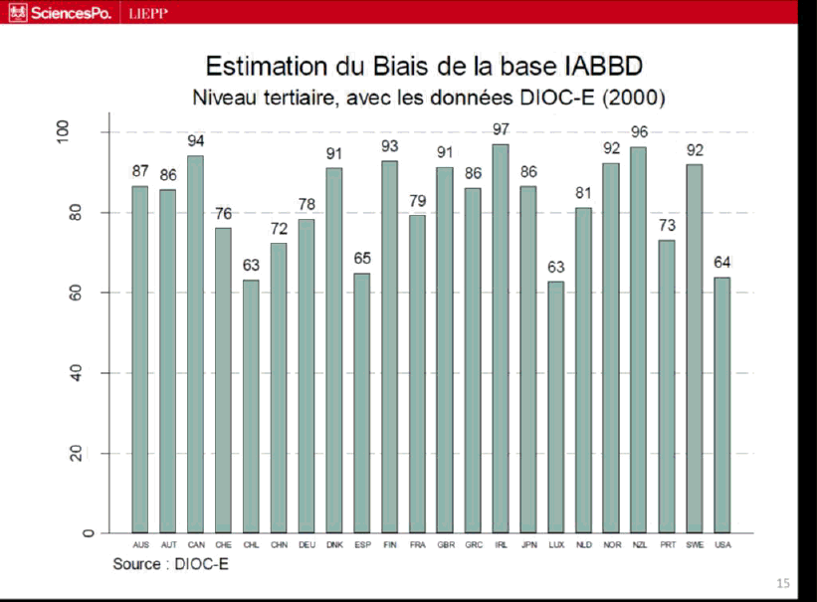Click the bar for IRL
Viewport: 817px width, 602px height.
[x=501, y=338]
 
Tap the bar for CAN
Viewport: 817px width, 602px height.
[x=195, y=343]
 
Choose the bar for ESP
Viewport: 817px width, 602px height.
[x=362, y=403]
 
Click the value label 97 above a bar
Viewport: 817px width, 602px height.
[x=501, y=130]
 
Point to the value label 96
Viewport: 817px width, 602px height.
[x=639, y=132]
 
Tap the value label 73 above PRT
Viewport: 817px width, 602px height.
[x=667, y=225]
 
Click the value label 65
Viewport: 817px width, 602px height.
[x=362, y=258]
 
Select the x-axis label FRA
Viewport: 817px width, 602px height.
[x=418, y=545]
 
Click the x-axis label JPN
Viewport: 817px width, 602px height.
[x=528, y=545]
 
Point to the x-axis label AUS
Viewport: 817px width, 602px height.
[x=140, y=545]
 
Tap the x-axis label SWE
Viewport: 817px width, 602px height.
[x=695, y=545]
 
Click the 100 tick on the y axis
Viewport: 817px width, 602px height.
[x=89, y=132]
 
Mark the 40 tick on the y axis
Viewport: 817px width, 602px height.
[x=89, y=373]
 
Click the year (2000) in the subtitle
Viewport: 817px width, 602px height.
[x=633, y=99]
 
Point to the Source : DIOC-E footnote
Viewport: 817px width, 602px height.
[x=164, y=564]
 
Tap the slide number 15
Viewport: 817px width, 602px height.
[x=783, y=583]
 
